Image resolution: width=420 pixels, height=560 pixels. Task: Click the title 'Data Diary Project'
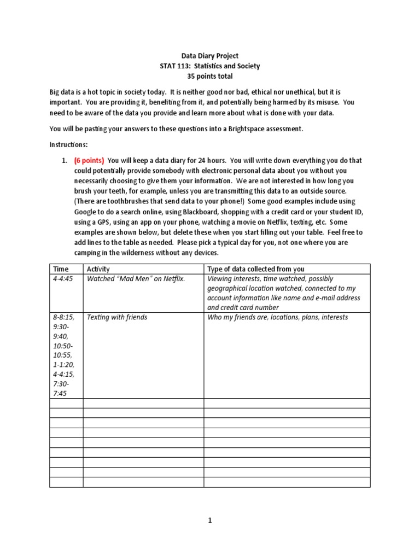coord(209,56)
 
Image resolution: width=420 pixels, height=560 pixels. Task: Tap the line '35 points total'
coord(209,77)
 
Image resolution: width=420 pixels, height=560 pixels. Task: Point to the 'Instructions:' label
coord(68,144)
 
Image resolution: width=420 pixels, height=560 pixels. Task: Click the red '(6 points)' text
coord(87,161)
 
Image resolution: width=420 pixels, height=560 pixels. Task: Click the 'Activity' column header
coord(98,269)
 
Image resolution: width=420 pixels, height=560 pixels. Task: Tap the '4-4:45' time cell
coord(63,279)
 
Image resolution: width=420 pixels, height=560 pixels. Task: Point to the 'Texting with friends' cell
coord(117,317)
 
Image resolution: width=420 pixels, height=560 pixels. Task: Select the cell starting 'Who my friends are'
coord(277,317)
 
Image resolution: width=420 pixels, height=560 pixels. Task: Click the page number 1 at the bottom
coord(209,521)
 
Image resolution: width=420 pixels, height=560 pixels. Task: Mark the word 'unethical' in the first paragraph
coord(288,92)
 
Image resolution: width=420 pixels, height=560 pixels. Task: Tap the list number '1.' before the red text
coord(63,161)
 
